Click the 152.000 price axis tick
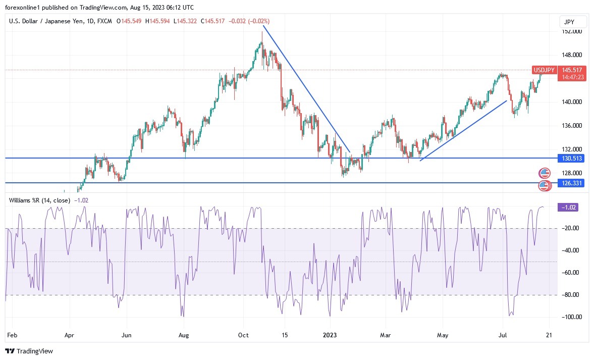(572, 31)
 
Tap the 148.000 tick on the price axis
(572, 55)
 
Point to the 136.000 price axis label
(572, 126)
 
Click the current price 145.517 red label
(572, 70)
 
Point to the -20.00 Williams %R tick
(571, 228)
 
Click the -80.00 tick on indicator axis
(571, 295)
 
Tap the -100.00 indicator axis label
(571, 317)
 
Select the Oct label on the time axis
(244, 334)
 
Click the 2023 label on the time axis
(330, 334)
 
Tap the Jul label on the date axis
(504, 334)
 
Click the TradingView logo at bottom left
(29, 351)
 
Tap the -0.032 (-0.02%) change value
(249, 21)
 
